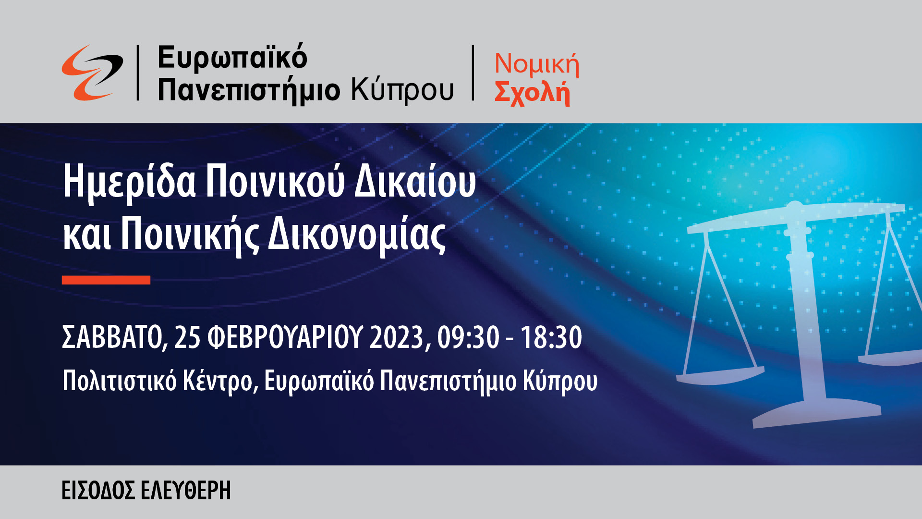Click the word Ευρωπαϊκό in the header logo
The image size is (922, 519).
[x=232, y=58]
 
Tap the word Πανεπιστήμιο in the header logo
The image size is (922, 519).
[x=249, y=90]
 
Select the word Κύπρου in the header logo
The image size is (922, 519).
[x=402, y=90]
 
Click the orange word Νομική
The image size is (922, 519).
[x=537, y=64]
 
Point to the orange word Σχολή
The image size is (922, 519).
[x=532, y=92]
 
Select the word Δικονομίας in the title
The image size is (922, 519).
[x=356, y=235]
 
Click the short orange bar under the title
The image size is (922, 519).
[x=106, y=280]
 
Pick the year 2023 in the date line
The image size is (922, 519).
[x=397, y=337]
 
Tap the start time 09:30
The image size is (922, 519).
[x=468, y=337]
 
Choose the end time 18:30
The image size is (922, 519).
[x=551, y=337]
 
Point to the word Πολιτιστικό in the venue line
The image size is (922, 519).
[x=120, y=381]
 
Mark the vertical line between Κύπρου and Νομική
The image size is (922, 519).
[x=473, y=73]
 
